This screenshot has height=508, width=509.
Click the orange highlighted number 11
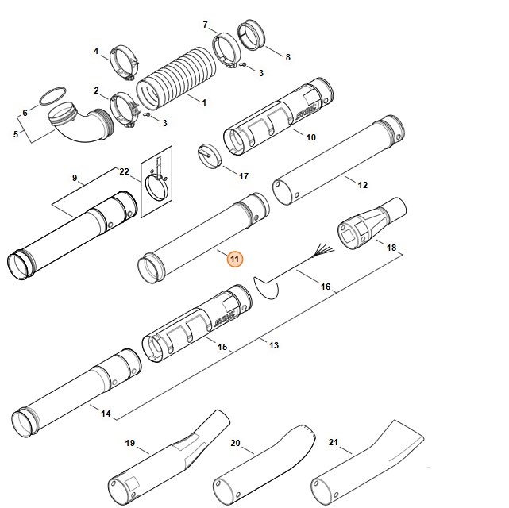coord(234,260)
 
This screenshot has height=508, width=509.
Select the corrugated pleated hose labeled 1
coord(176,79)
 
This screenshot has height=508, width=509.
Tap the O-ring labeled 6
coord(52,96)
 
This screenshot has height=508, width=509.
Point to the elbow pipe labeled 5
coord(81,121)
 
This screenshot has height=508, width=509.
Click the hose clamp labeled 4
coord(125,63)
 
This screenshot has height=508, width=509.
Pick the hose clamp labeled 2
coord(125,110)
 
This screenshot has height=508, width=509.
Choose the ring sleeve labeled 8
coord(252,35)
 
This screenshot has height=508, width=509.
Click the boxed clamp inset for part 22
coord(156,182)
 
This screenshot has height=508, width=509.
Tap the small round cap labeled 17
coord(210,156)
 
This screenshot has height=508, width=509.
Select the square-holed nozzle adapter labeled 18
coord(372,224)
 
